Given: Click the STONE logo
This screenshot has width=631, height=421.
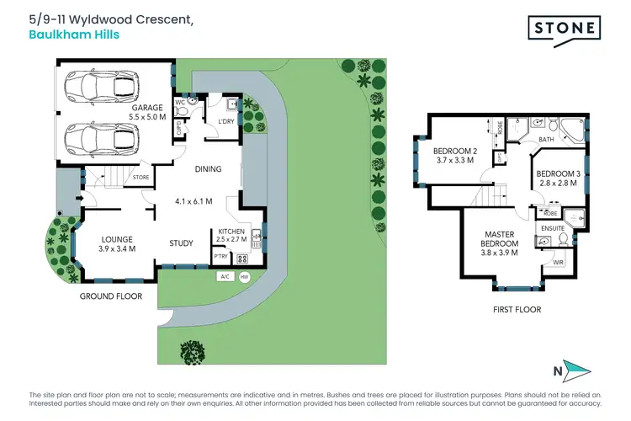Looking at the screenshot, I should [565, 31].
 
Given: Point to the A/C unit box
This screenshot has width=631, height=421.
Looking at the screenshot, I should [225, 276].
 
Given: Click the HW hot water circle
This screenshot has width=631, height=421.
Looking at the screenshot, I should [245, 276].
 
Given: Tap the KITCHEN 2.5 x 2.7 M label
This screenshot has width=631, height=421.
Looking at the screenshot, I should [231, 235].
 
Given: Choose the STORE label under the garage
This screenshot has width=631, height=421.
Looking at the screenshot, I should [141, 177].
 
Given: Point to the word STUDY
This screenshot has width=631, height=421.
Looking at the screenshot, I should [181, 243].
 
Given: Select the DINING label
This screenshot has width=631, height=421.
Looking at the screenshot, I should [208, 169].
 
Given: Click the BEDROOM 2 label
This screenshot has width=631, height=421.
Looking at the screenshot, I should [455, 152].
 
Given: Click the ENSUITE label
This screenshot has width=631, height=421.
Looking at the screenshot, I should [552, 227].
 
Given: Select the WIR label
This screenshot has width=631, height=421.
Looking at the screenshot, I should [557, 263].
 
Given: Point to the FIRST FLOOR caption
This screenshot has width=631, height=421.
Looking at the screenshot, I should [517, 310].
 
